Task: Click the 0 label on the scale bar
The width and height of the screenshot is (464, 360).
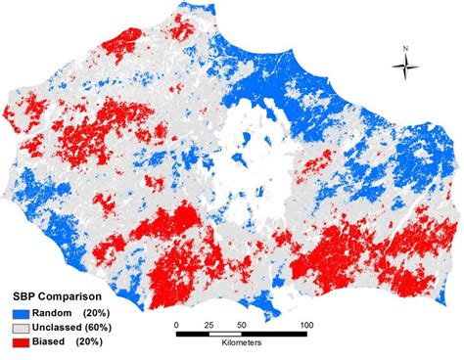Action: pos(176,324)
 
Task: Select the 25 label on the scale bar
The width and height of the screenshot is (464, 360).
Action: pos(209,324)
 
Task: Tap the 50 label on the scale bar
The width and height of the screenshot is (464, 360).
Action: pos(241,324)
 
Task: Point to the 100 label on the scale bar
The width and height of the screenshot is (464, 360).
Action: pos(305,324)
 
